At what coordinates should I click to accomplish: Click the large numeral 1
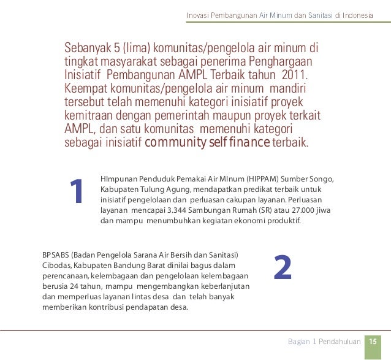[76, 193]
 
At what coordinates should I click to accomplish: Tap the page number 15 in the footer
[372, 341]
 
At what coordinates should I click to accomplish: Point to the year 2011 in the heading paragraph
[295, 75]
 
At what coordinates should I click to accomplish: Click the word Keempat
[89, 89]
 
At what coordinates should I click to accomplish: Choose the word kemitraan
[91, 116]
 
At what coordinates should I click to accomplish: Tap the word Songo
[321, 179]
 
